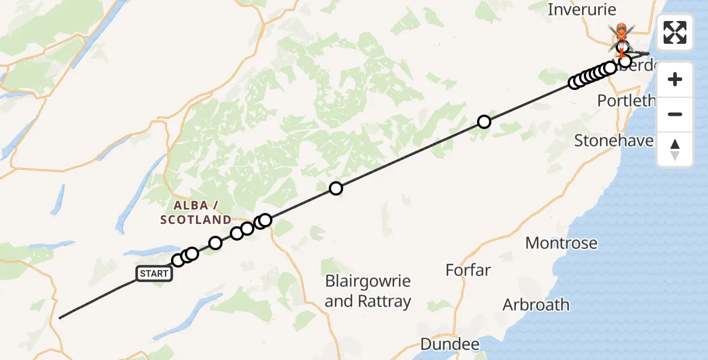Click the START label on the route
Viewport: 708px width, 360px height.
coord(154,274)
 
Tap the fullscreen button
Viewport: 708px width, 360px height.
coord(675,32)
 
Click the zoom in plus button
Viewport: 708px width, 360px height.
coord(675,79)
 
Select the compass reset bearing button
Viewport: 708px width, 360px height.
coord(675,149)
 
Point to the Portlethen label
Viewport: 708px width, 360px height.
coord(626,100)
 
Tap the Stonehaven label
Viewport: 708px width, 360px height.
coord(614,140)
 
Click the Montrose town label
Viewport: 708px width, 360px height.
coord(561,243)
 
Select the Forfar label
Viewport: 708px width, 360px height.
coord(468,270)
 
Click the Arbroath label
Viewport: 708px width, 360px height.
coord(536,304)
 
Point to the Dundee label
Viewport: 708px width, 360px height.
coord(450,344)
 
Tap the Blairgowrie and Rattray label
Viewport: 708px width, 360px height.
coord(368,291)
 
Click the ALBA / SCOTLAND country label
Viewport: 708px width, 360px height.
coord(196,213)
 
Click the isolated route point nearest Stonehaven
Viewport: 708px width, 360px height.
coord(484,122)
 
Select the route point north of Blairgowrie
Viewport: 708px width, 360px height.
coord(336,188)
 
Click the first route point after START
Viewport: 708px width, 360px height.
coord(178,260)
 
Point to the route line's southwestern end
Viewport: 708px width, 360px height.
coord(60,317)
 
